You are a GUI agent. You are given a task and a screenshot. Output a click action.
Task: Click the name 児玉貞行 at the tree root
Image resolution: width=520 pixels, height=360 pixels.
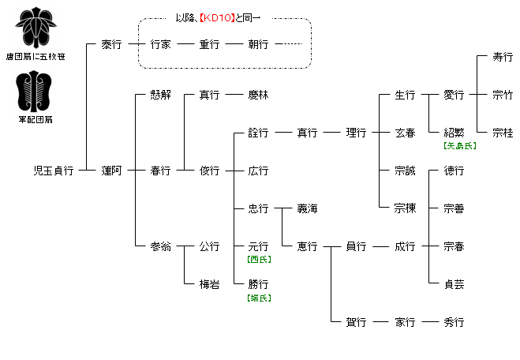53,171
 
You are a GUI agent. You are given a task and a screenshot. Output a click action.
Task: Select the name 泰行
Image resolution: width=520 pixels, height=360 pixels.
111,44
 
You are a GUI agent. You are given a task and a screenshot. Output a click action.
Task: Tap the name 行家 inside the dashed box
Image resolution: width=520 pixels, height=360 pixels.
160,44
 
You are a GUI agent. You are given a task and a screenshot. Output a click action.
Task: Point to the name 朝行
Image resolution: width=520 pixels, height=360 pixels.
258,44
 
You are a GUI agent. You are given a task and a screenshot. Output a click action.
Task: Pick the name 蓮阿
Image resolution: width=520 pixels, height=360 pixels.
111,171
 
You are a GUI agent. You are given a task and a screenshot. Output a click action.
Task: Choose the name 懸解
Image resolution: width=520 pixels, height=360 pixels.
160,95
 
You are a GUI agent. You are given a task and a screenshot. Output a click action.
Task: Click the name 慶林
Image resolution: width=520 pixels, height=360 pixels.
258,95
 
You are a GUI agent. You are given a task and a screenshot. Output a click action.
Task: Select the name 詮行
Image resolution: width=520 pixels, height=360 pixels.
258,133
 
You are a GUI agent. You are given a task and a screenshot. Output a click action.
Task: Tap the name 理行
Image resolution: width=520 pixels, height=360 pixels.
356,133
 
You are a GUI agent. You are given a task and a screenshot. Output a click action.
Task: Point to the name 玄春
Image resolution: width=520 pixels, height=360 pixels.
405,133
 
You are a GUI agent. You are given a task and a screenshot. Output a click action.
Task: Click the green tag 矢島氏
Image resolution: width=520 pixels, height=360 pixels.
454,145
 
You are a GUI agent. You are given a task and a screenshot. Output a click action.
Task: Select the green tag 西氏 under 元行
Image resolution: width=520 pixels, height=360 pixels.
258,259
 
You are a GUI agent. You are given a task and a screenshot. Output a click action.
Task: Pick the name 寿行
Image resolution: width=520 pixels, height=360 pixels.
503,57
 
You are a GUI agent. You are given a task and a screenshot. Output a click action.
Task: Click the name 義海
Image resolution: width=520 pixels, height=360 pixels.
307,208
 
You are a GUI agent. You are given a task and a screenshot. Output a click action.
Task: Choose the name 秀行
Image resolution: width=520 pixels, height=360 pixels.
454,322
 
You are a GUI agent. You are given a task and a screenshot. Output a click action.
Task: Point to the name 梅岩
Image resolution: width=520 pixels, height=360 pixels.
209,284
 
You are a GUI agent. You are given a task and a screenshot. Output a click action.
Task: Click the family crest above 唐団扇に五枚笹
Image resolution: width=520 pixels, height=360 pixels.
35,29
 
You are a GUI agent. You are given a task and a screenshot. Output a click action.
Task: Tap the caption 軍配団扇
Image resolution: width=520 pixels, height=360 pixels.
35,119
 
